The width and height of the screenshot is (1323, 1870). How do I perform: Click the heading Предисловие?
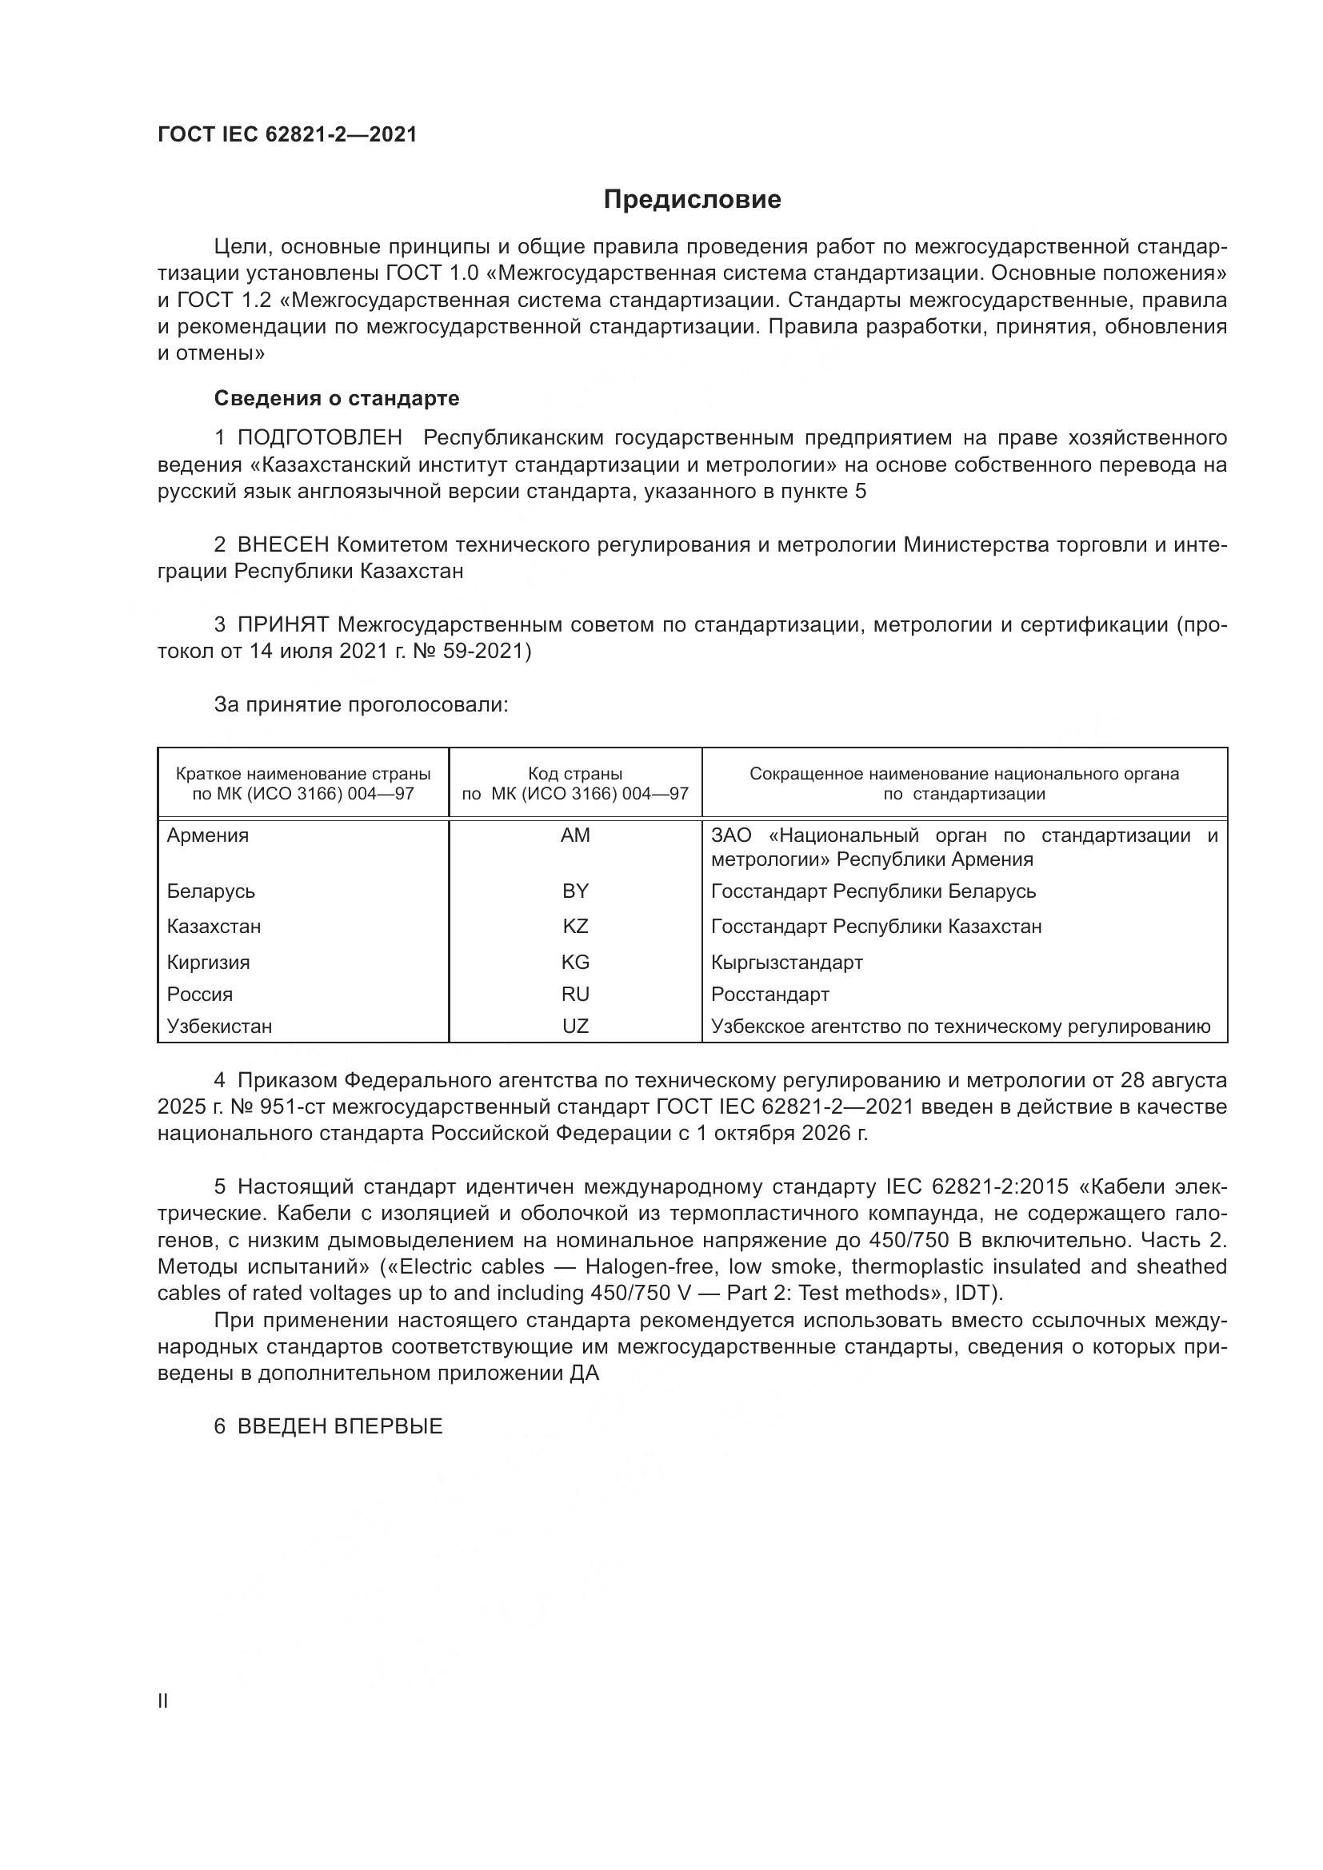(692, 200)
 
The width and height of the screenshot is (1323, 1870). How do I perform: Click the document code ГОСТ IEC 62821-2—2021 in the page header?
(287, 135)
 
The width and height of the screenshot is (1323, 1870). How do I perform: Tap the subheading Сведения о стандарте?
(337, 398)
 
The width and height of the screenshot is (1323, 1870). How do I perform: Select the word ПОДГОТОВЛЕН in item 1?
(319, 438)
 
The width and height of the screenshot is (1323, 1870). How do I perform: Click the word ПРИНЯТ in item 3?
(282, 624)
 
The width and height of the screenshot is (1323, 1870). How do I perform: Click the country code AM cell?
(575, 835)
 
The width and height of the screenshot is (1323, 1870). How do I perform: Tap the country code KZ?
(575, 927)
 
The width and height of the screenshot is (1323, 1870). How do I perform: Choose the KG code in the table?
(575, 963)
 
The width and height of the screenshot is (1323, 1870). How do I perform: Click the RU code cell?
(575, 995)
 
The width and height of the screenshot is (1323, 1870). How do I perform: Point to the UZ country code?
(575, 1027)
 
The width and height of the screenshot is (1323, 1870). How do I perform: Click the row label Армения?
(208, 835)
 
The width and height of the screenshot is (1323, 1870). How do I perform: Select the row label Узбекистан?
(219, 1027)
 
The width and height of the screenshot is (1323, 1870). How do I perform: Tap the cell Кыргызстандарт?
(786, 963)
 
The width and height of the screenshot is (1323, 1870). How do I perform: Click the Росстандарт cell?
(769, 995)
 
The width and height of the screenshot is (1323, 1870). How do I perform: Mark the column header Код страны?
(575, 774)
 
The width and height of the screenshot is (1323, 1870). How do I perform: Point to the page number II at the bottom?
(163, 1701)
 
